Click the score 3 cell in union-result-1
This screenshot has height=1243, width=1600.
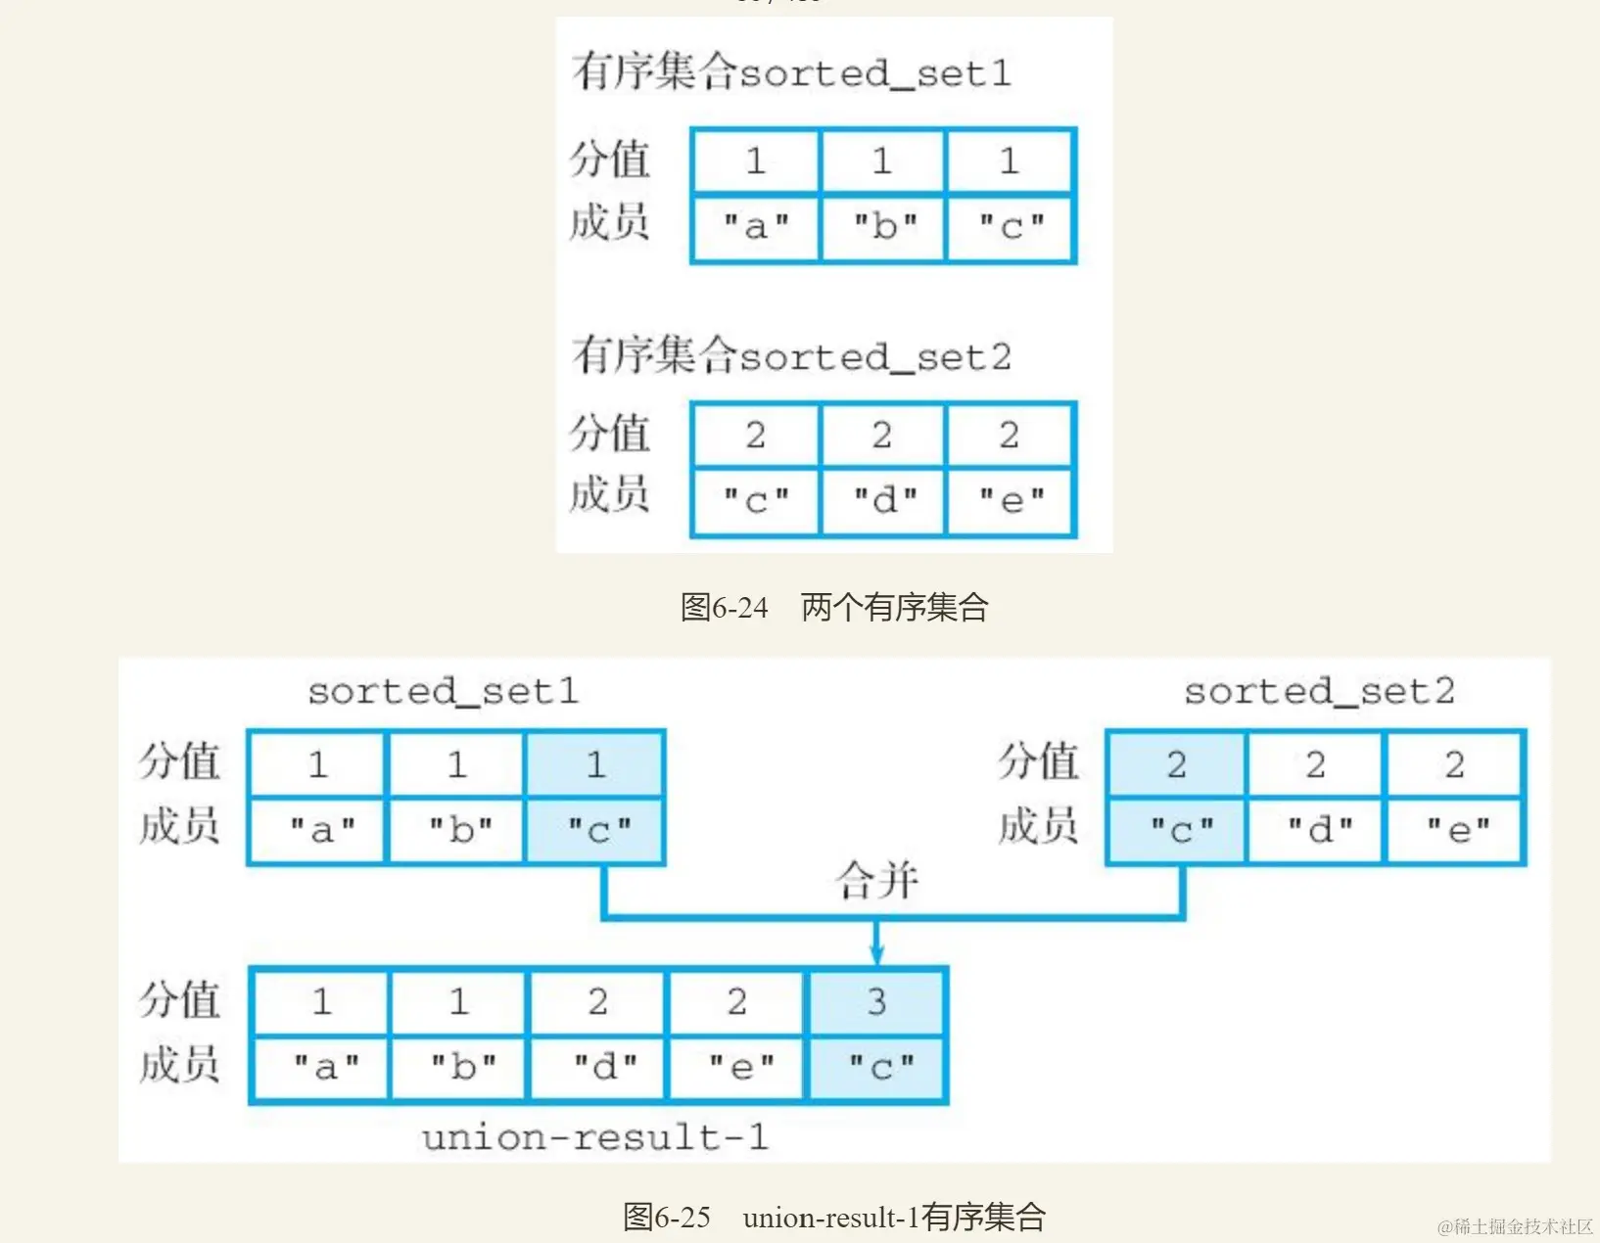pyautogui.click(x=876, y=1001)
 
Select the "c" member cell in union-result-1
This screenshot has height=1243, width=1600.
pyautogui.click(x=880, y=1067)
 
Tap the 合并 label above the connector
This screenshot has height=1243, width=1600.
pyautogui.click(x=876, y=880)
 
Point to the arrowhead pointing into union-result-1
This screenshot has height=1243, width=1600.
pyautogui.click(x=877, y=954)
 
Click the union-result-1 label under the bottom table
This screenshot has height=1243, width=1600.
pyautogui.click(x=594, y=1137)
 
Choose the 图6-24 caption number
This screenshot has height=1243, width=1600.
pyautogui.click(x=724, y=608)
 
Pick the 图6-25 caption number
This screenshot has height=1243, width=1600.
pyautogui.click(x=667, y=1218)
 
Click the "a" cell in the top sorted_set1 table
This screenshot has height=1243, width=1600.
pyautogui.click(x=755, y=227)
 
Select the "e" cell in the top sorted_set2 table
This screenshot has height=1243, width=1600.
pyautogui.click(x=1012, y=501)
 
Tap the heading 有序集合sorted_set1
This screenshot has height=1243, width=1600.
pyautogui.click(x=791, y=72)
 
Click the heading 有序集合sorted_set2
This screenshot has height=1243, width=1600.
pyautogui.click(x=791, y=355)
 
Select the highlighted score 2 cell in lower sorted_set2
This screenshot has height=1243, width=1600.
pyautogui.click(x=1176, y=764)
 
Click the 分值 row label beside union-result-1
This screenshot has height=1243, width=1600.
pyautogui.click(x=179, y=1000)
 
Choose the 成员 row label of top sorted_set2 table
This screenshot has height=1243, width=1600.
pyautogui.click(x=609, y=494)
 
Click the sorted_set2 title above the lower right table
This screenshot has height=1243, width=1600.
pyautogui.click(x=1318, y=692)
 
